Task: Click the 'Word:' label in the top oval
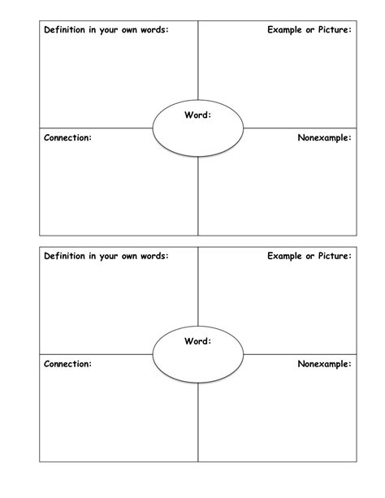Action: [198, 115]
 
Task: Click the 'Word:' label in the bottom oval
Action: [198, 341]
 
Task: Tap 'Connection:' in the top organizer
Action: [68, 138]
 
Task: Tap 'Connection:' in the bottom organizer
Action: [68, 364]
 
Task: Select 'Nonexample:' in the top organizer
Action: [325, 138]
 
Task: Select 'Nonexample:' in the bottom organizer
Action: [325, 364]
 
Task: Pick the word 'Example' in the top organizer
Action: [284, 30]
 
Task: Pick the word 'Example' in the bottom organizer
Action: [284, 256]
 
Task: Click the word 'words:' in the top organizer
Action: [157, 30]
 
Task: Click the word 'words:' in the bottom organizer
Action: [157, 256]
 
